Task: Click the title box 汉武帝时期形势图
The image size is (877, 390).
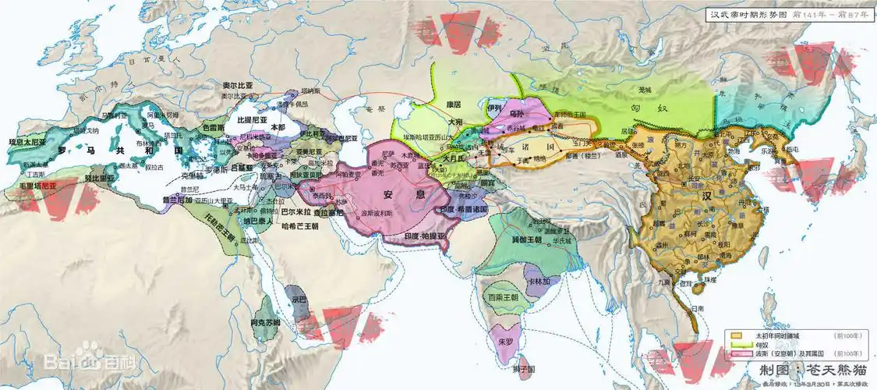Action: (788, 13)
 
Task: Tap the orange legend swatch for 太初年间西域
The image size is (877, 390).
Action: (735, 335)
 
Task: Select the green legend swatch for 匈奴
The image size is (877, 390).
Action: (735, 345)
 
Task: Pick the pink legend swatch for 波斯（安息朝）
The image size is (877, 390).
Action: (735, 355)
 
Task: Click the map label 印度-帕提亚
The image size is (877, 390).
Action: (426, 236)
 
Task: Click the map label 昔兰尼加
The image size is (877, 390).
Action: (176, 200)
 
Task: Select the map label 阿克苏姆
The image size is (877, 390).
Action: (265, 322)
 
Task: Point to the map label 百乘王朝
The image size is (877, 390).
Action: (502, 297)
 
